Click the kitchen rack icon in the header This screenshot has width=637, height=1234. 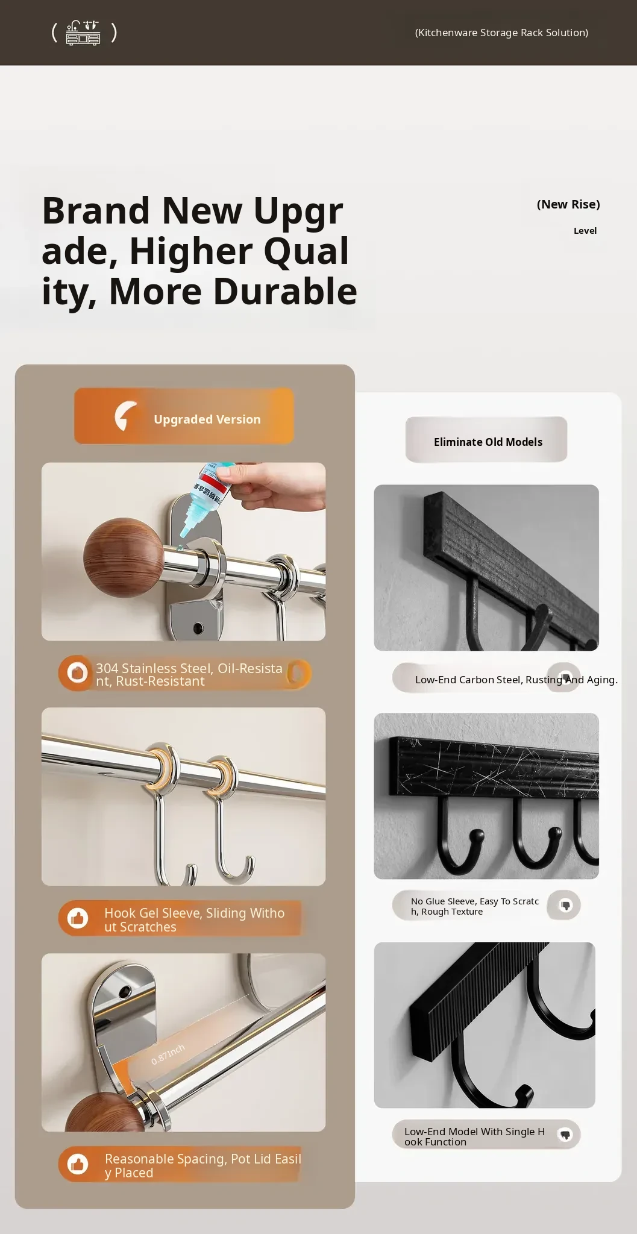click(83, 33)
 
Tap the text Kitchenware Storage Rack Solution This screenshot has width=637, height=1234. click(501, 33)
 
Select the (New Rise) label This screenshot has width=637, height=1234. click(568, 204)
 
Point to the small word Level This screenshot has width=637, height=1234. click(585, 231)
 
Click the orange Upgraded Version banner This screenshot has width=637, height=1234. click(184, 416)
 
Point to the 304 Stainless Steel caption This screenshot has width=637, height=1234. click(189, 675)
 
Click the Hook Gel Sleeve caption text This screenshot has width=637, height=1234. click(194, 920)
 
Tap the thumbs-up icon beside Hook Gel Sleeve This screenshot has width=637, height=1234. click(77, 918)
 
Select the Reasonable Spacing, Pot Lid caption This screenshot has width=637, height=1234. click(202, 1165)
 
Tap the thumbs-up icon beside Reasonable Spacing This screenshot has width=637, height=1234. click(77, 1164)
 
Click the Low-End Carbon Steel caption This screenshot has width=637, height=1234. click(516, 680)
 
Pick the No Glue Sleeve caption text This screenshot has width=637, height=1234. click(475, 906)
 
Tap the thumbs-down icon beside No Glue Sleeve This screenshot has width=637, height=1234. click(565, 905)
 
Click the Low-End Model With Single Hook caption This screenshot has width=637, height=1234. click(474, 1136)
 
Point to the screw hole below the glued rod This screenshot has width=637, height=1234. click(198, 628)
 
